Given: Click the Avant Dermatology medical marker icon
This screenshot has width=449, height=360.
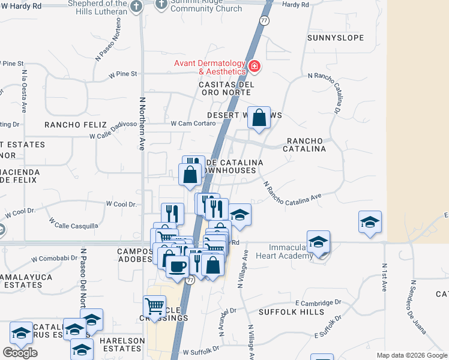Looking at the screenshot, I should [x=254, y=66].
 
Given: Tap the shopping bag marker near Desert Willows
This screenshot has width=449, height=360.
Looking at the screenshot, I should [x=259, y=118].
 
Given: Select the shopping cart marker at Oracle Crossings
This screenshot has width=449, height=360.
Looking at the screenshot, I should [x=155, y=307].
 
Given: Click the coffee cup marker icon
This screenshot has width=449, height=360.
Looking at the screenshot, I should [x=177, y=266].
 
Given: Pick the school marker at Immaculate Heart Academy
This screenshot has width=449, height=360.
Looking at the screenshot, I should [x=318, y=242].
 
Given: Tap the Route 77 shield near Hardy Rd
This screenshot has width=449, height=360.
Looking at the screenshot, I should [x=264, y=20].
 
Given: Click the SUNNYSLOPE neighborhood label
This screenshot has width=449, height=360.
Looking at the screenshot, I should [x=336, y=38].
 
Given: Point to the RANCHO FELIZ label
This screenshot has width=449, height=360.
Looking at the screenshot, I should [x=71, y=125].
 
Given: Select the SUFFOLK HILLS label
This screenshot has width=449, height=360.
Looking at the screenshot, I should [x=283, y=313].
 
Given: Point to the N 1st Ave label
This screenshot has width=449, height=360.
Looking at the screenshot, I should [x=385, y=277].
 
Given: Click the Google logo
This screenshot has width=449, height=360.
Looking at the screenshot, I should [x=20, y=353].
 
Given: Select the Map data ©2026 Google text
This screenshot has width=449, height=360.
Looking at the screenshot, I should [x=411, y=355].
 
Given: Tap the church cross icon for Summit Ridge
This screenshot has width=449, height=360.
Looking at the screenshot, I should [x=161, y=5].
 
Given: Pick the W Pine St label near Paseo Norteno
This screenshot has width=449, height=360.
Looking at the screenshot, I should [x=123, y=74].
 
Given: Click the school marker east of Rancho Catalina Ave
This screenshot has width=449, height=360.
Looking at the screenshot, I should [x=370, y=221].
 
